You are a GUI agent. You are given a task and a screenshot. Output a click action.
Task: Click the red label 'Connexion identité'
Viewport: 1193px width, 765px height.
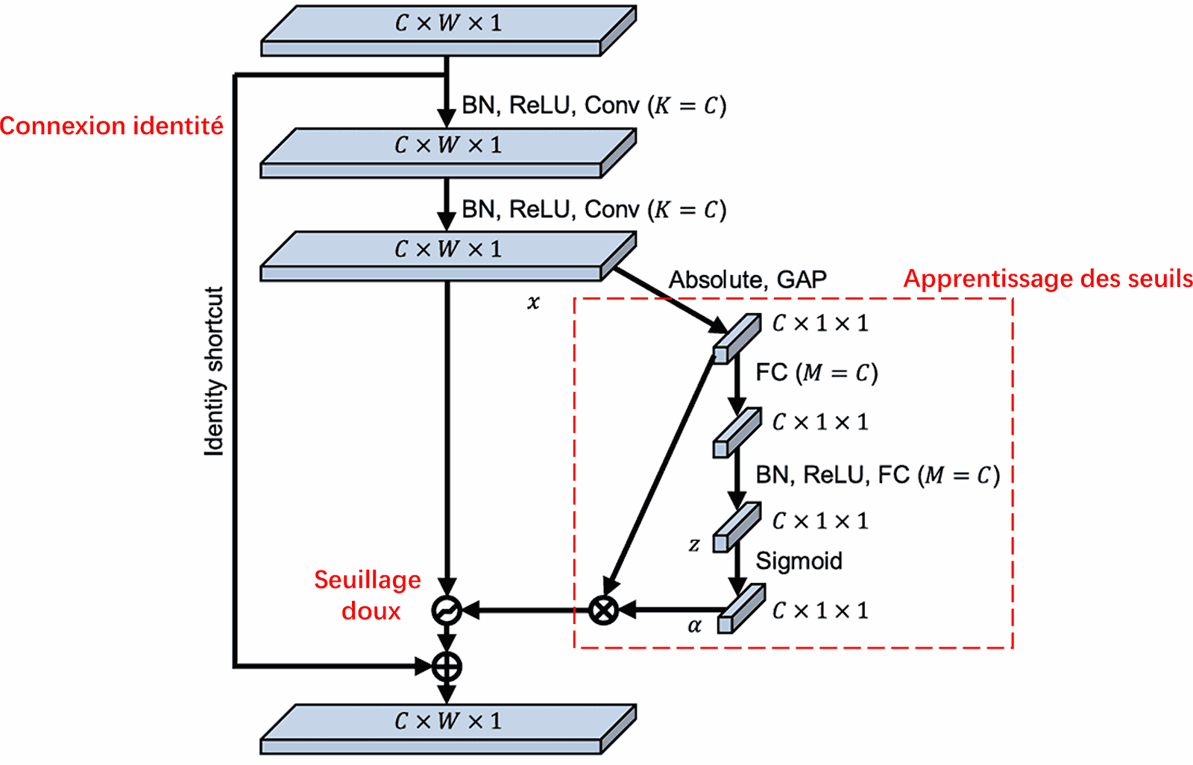click(111, 126)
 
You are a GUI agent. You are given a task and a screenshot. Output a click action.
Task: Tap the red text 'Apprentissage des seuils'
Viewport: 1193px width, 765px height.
click(1047, 279)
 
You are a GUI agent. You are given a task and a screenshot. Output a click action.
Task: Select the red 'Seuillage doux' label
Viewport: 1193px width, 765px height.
click(368, 595)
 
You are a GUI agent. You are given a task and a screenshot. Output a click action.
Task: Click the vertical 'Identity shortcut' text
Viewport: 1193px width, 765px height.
click(214, 371)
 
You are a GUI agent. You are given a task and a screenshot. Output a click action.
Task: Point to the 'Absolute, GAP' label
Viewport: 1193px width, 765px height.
click(747, 280)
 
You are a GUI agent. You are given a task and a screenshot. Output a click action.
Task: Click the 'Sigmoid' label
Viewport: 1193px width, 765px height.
click(799, 561)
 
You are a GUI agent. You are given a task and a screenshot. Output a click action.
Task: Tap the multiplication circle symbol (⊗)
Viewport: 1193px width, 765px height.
click(603, 610)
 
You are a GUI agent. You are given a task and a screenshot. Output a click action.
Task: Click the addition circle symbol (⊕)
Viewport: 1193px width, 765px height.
click(447, 666)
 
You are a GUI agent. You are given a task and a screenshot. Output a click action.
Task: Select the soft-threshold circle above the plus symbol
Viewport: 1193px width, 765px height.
click(446, 611)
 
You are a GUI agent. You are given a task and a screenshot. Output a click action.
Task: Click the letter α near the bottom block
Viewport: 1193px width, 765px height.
click(694, 626)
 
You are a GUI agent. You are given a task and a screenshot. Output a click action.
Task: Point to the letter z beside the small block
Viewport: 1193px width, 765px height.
click(693, 545)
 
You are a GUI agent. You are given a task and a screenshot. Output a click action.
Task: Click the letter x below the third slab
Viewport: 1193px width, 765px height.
click(533, 302)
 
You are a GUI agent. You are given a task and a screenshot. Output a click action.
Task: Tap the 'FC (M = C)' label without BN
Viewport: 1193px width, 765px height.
click(816, 372)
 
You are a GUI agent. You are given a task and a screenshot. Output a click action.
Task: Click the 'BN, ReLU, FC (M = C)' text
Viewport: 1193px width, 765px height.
click(877, 475)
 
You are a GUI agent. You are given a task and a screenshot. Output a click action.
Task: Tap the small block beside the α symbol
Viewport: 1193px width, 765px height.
click(740, 609)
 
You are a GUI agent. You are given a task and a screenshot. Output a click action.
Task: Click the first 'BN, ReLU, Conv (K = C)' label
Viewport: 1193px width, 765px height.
click(594, 105)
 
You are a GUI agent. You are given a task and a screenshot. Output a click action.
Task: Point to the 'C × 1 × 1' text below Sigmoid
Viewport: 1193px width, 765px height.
click(820, 611)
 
